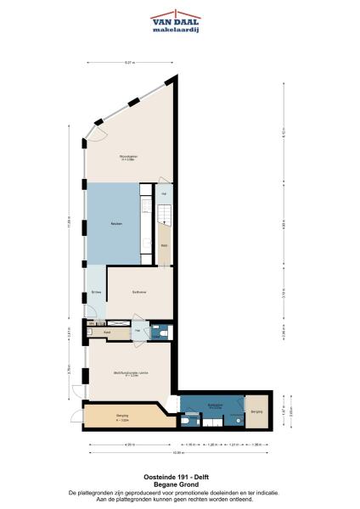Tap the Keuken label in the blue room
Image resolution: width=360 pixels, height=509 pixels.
click(115, 223)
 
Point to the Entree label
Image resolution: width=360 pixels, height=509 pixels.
click(97, 293)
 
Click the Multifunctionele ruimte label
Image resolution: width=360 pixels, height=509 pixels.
click(132, 371)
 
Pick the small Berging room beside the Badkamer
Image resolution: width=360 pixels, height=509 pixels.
click(256, 411)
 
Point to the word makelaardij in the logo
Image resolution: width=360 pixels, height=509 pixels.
click(176, 30)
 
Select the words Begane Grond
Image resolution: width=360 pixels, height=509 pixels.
click(179, 484)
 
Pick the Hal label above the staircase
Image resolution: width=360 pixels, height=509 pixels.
click(164, 194)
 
